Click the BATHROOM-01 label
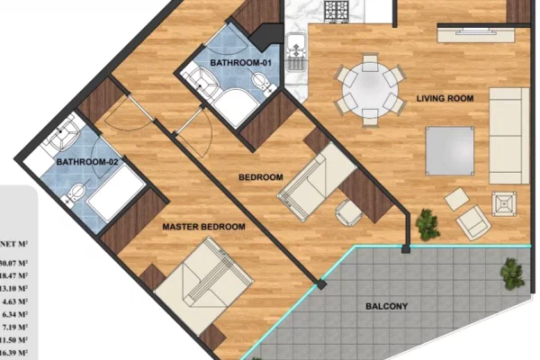[240, 63]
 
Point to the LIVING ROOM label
[444, 97]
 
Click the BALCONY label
[387, 307]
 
